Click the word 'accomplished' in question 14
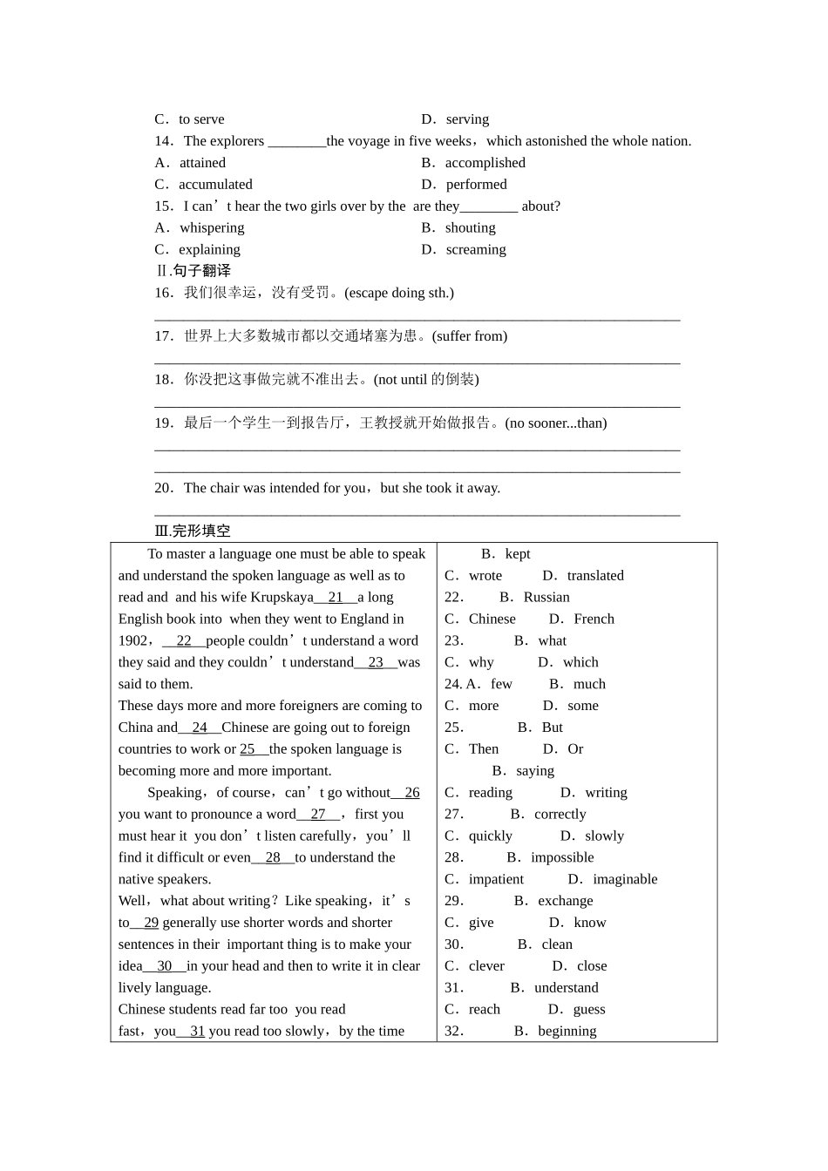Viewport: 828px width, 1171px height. [x=485, y=163]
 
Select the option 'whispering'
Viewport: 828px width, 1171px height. [x=212, y=228]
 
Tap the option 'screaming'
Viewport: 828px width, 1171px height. [x=475, y=250]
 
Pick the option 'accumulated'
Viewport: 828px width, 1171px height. [x=215, y=185]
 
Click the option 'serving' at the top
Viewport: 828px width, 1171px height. [x=467, y=119]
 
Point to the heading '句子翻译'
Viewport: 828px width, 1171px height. [x=201, y=271]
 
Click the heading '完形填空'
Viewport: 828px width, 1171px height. [x=201, y=531]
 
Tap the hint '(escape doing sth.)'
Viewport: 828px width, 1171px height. [x=399, y=293]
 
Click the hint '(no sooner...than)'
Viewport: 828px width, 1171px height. [x=555, y=423]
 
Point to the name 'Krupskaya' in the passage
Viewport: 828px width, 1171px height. [x=282, y=598]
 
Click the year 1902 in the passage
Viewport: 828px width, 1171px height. [x=133, y=641]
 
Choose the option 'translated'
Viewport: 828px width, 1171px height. [x=595, y=576]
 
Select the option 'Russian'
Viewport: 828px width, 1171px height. [x=546, y=598]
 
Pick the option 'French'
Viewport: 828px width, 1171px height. [x=594, y=619]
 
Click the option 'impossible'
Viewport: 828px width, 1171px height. [x=562, y=858]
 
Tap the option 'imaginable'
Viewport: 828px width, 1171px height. [x=625, y=880]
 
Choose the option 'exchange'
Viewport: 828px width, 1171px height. [x=565, y=901]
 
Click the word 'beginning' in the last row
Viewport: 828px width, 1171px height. [x=567, y=1032]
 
